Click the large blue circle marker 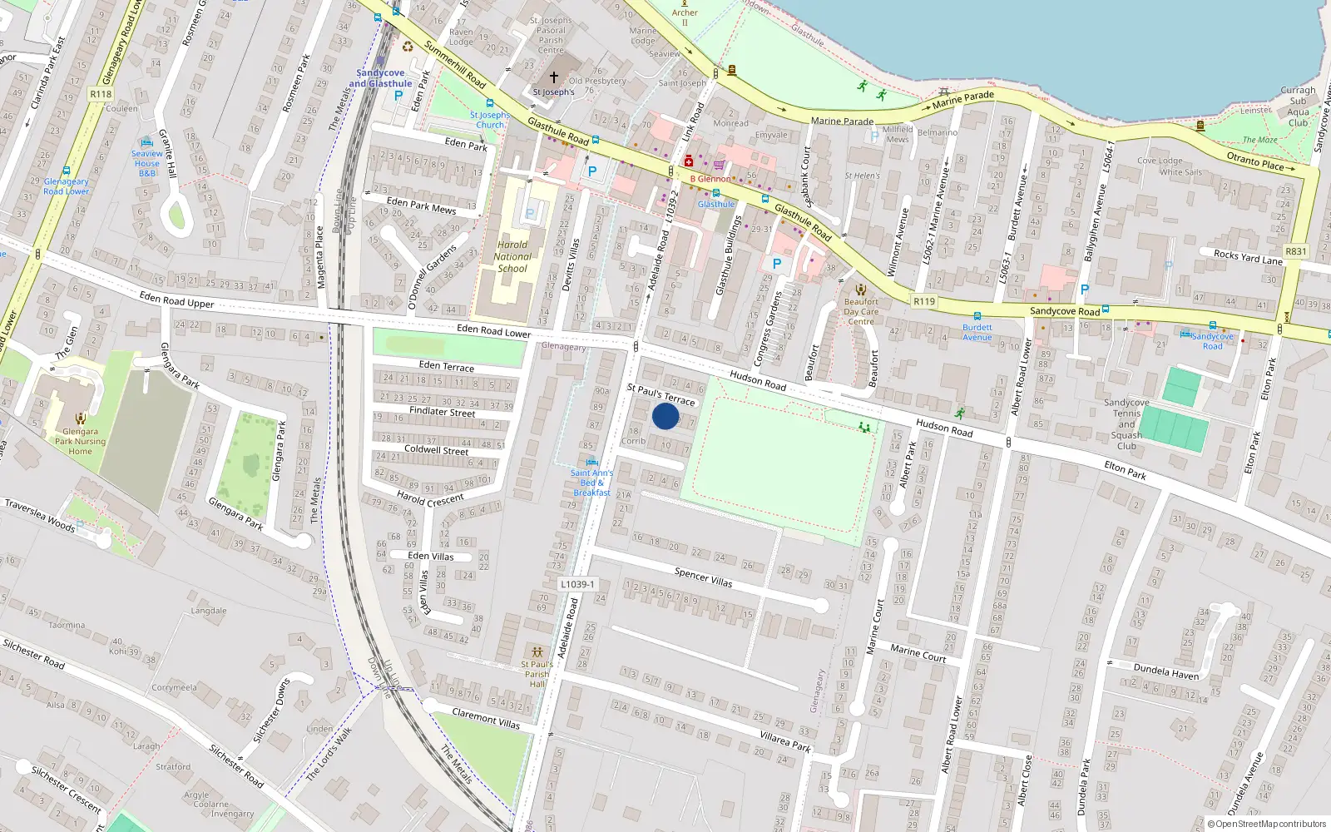point(665,416)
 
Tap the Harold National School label point(512,256)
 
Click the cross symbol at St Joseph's point(554,77)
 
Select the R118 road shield point(101,94)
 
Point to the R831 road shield point(1296,251)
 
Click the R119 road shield point(924,301)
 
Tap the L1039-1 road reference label point(577,584)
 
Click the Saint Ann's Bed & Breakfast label point(591,483)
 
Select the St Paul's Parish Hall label point(537,674)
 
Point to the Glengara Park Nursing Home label point(81,441)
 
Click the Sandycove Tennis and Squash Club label point(1126,424)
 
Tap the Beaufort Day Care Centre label point(861,311)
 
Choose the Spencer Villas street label point(704,577)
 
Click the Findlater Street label point(443,411)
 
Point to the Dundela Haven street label point(1166,671)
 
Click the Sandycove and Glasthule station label point(380,78)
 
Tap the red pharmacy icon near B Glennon point(689,161)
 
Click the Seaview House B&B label point(147,163)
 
